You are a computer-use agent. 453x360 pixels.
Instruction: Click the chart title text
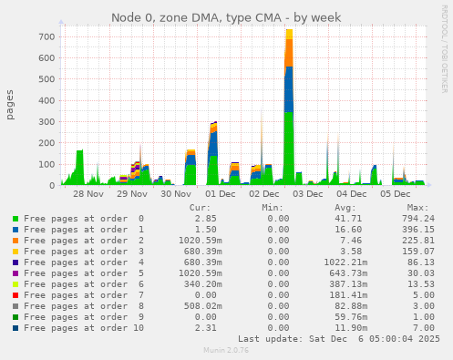pos(226,17)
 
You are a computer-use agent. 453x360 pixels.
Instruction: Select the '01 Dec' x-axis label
pos(220,194)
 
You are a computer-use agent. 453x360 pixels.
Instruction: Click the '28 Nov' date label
pos(88,194)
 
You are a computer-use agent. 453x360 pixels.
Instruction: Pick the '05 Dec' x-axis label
pos(396,194)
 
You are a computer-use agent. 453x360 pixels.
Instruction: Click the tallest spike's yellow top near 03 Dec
pos(289,34)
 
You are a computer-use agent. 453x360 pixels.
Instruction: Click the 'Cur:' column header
pos(200,207)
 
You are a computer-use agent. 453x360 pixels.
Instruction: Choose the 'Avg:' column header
pos(338,207)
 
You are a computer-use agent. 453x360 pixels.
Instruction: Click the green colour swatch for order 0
pos(15,219)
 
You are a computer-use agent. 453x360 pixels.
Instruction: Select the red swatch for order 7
pos(15,295)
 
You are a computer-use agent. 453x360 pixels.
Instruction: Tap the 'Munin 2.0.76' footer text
pos(226,351)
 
